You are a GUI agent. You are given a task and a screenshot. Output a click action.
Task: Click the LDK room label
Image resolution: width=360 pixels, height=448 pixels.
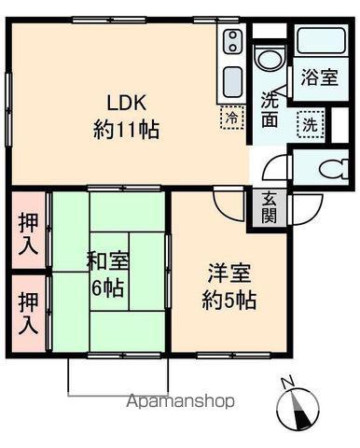127,103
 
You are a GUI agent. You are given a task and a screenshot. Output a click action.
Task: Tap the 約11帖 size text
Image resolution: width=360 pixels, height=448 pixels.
127,130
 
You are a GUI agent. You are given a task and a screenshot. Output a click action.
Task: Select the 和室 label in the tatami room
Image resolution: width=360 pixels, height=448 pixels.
107,260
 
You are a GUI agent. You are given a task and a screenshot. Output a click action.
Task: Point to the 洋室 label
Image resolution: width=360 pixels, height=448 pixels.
229,273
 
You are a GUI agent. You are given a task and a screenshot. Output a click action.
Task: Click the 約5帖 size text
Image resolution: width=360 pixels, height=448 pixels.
229,300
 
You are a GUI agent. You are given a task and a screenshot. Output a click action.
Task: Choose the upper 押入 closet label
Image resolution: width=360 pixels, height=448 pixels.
28,233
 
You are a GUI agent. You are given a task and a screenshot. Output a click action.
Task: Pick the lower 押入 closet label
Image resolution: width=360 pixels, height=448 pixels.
28,314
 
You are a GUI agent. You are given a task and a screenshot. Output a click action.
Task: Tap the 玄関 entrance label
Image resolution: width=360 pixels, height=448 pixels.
269,208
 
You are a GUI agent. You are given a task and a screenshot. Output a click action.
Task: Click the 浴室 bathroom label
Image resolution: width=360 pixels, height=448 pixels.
320,77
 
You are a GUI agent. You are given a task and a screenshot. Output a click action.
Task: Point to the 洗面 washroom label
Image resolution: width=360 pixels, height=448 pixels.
270,109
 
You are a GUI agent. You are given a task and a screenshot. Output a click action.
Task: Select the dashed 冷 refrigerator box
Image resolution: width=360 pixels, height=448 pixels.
232,117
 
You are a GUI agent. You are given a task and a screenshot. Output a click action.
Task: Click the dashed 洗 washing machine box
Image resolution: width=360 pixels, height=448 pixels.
311,124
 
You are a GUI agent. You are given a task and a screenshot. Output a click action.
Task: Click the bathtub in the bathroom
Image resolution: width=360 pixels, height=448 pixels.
322,42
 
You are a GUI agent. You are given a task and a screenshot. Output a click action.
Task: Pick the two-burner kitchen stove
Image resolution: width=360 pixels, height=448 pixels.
232,40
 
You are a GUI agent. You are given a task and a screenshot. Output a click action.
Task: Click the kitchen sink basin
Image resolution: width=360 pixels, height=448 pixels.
233,82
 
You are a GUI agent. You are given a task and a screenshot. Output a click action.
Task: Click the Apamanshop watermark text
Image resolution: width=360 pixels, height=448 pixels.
180,401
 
